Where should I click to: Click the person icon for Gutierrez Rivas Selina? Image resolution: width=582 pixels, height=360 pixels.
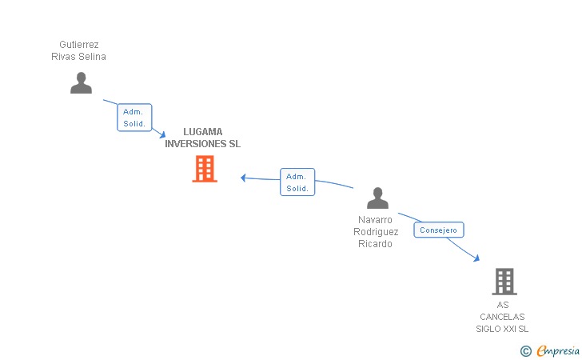[x=81, y=82]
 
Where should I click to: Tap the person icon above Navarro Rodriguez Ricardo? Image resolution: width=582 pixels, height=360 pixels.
[x=377, y=198]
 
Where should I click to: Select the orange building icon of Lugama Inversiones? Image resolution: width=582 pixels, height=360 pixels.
[x=205, y=169]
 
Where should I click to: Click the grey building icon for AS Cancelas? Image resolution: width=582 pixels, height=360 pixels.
[x=504, y=281]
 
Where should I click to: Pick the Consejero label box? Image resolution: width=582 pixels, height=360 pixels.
[x=439, y=230]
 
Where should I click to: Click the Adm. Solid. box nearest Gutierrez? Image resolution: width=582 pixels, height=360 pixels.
[x=134, y=118]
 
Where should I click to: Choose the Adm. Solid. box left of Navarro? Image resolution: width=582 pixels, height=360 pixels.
[x=297, y=182]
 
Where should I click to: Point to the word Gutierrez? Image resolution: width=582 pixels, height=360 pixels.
[x=79, y=45]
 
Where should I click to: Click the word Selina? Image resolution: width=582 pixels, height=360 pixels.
[x=92, y=57]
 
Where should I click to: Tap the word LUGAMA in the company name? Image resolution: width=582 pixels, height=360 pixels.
[x=203, y=132]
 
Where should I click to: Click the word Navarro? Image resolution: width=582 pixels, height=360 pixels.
[x=375, y=219]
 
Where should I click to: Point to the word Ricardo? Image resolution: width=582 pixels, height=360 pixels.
[x=375, y=244]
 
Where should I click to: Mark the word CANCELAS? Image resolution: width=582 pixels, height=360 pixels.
[x=502, y=317]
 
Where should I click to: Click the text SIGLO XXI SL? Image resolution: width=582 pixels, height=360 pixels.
[x=502, y=329]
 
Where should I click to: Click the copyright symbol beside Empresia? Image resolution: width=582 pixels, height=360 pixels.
[x=526, y=350]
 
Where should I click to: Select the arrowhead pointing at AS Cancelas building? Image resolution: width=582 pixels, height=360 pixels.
[x=476, y=258]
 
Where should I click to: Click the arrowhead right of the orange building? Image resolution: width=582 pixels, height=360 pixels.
[x=243, y=178]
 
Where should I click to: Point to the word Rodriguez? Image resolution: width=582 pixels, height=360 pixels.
[x=376, y=232]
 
